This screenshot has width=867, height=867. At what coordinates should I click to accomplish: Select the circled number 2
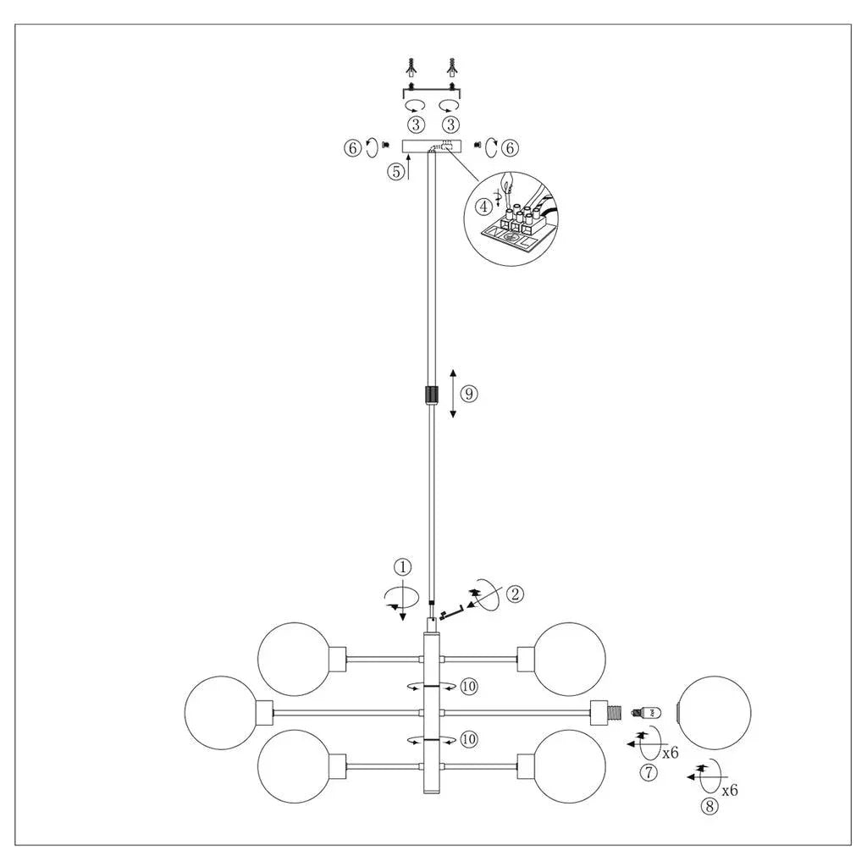[x=513, y=594]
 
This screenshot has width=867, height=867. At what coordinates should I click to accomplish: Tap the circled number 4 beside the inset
[x=483, y=205]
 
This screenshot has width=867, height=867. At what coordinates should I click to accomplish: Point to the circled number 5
[x=395, y=170]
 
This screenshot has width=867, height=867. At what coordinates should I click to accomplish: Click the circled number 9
[x=470, y=393]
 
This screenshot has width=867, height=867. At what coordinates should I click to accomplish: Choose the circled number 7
[x=649, y=771]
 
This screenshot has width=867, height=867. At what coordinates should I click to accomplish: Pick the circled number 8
[x=710, y=806]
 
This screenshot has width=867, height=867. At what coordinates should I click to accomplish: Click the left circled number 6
[x=352, y=147]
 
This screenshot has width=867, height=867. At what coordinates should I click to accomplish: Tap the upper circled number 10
[x=470, y=686]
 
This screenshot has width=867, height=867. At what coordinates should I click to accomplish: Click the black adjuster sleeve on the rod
[x=432, y=395]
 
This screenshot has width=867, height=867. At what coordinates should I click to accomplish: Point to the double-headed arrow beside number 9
[x=453, y=394]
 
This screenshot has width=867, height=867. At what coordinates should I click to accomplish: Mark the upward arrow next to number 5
[x=407, y=169]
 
